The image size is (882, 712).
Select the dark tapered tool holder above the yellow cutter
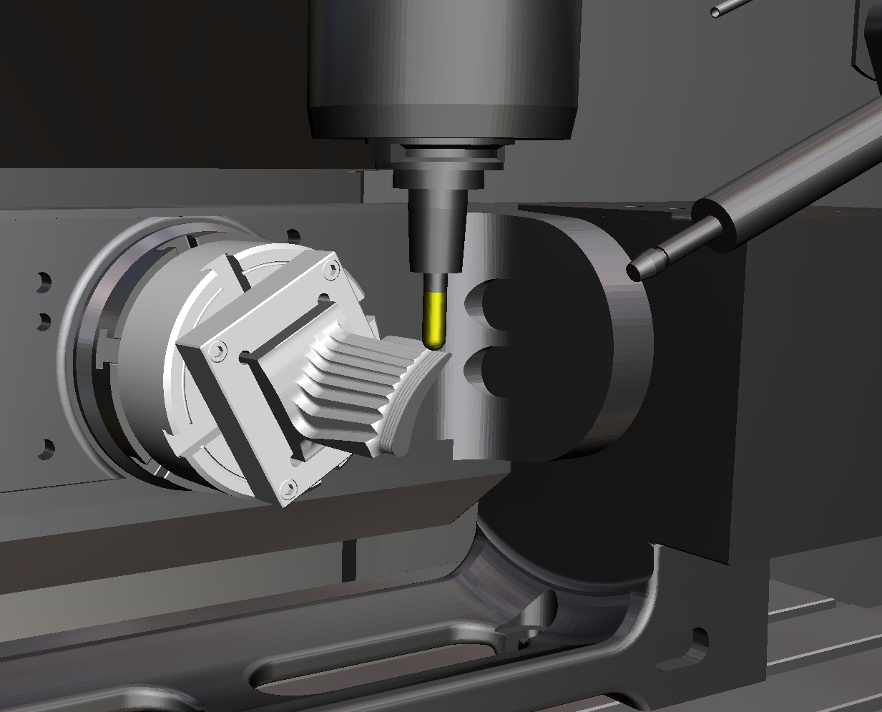(435, 229)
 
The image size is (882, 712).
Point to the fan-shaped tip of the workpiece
(412, 401)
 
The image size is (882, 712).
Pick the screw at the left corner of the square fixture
(217, 350)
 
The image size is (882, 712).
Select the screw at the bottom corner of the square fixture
(288, 489)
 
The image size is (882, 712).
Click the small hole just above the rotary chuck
(293, 235)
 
